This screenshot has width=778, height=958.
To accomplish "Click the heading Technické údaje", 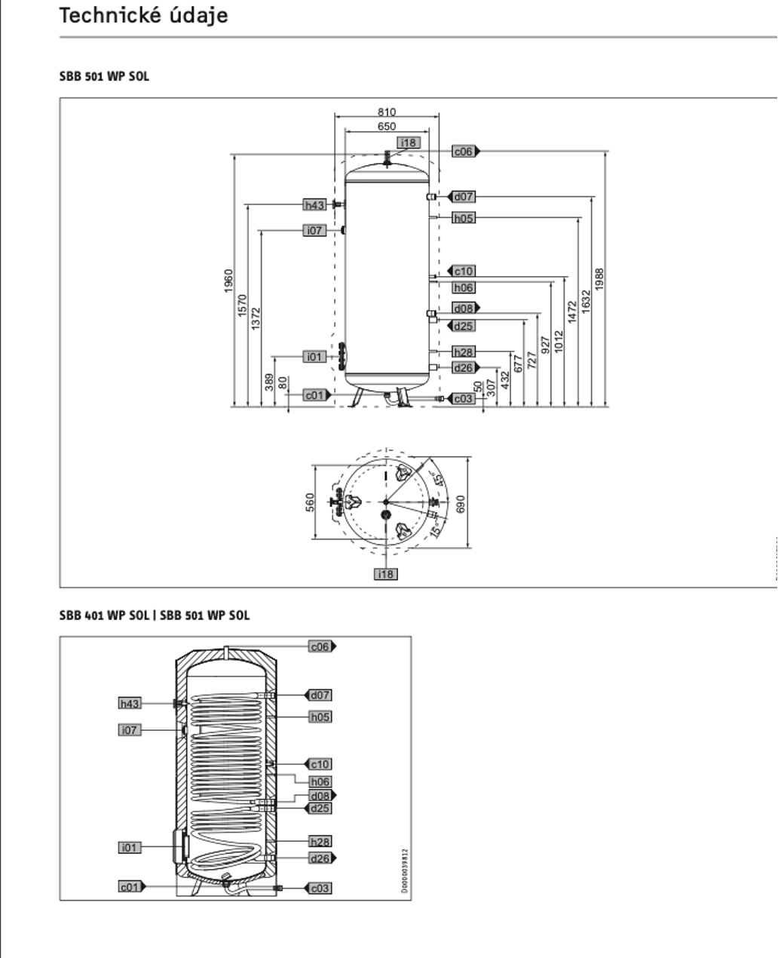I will pos(143,15).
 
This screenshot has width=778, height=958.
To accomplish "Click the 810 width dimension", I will pos(387,112).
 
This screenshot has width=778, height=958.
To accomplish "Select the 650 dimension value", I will pos(387,126).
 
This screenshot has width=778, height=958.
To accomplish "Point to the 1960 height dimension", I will pos(229,281).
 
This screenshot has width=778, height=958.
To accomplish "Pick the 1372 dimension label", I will pos(256,318).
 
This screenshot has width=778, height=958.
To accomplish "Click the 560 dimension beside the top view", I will pos(310,502).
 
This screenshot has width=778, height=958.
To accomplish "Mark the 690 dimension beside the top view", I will pos(461,503).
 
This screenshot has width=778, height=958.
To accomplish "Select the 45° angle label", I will pos(437,480).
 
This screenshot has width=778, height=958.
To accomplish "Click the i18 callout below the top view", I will pos(386,574).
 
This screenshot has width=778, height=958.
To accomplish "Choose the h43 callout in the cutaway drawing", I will pos(130,704).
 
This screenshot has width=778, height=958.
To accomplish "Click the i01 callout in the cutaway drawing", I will pos(130,848).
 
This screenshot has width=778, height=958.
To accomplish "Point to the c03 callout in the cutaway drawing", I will pos(320,889).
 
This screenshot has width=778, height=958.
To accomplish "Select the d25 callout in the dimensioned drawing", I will pos(464,327).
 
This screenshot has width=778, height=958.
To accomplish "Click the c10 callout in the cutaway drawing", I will pos(320,764).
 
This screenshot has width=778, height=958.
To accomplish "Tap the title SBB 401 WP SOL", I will pos(105,616).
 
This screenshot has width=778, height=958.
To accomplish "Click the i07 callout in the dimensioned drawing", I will pos(315,230).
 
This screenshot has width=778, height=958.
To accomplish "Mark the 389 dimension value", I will pos(270,382).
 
